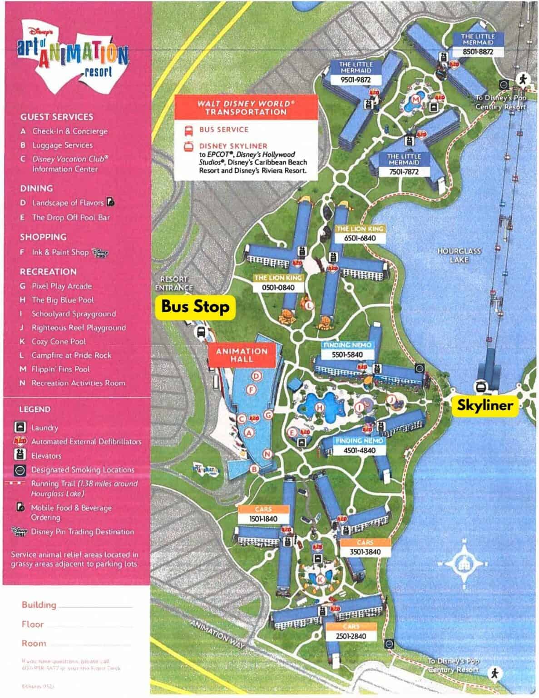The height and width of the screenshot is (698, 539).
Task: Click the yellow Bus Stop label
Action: [195, 307]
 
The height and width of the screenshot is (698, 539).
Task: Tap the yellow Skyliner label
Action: [485, 405]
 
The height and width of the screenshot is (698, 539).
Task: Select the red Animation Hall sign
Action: [242, 355]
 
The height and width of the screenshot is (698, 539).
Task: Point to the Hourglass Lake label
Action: [459, 255]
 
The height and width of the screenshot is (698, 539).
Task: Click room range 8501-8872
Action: [478, 52]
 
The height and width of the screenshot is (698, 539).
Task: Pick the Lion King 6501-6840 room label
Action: [360, 238]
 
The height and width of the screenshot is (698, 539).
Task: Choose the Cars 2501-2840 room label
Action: [351, 636]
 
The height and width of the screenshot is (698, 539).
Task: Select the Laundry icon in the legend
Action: [20, 428]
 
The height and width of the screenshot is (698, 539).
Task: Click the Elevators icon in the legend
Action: [20, 455]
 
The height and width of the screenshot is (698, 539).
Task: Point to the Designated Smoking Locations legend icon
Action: [20, 470]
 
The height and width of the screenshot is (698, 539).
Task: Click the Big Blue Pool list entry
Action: [63, 300]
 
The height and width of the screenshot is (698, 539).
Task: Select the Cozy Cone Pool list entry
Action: [59, 342]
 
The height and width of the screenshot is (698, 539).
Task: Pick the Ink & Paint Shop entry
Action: [60, 252]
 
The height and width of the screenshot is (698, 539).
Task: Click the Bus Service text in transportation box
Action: [223, 130]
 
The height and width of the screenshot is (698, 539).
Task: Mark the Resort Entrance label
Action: [173, 284]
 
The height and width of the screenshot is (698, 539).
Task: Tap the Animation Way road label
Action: [217, 634]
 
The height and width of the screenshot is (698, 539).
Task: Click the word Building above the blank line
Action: [39, 605]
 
